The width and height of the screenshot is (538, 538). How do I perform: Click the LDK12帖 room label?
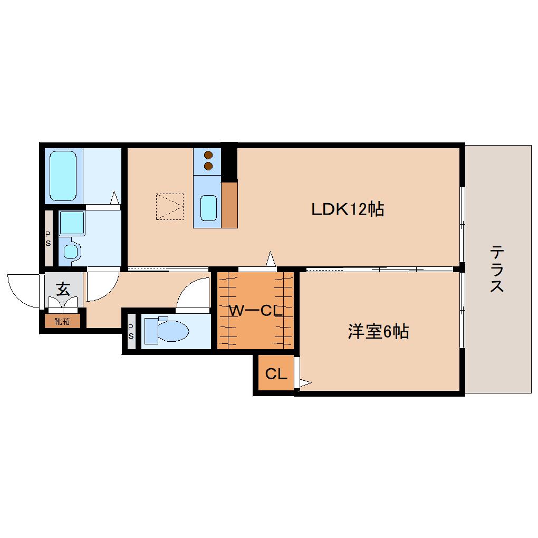tap(347, 209)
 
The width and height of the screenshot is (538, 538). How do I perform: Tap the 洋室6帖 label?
tap(379, 331)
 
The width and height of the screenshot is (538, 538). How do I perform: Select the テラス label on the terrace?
tap(496, 268)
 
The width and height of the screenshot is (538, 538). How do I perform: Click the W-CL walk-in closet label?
tap(256, 311)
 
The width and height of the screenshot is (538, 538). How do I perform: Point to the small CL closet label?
tap(276, 373)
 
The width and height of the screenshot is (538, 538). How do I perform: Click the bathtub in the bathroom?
tap(63, 176)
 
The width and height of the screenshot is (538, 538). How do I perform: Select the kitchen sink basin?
tap(208, 208)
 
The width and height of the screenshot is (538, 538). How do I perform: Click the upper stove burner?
tap(208, 155)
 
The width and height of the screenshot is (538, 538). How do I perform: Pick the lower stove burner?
tap(208, 166)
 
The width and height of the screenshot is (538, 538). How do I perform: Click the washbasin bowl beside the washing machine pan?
tap(71, 252)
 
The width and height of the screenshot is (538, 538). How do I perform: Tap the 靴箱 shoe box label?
tap(62, 322)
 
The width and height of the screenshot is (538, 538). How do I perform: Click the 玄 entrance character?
tap(63, 289)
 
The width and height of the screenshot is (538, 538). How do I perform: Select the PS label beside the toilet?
tap(131, 331)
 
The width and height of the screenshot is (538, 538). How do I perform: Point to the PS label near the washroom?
tap(48, 239)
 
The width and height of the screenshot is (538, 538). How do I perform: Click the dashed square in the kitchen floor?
tap(170, 207)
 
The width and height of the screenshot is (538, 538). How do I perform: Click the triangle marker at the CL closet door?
tap(305, 382)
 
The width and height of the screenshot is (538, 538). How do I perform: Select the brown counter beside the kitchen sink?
tap(229, 205)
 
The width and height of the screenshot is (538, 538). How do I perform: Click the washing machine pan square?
tap(72, 223)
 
